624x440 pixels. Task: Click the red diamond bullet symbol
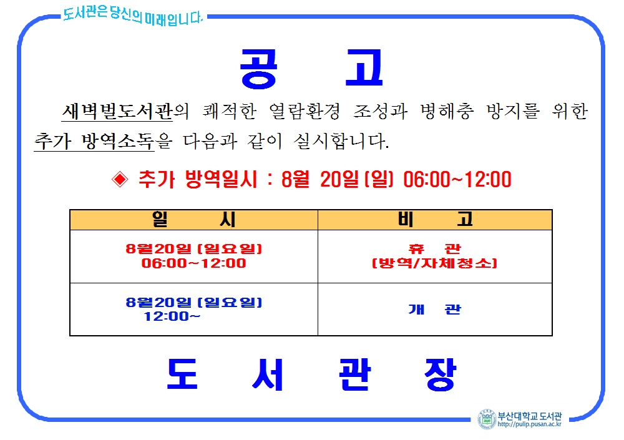pos(120,179)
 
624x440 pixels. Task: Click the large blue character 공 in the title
pos(259,69)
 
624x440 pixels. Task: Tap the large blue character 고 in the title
pos(364,67)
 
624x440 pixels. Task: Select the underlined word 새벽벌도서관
pos(117,111)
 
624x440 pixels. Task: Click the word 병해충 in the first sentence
pos(447,111)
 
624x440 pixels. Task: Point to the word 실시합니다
pos(341,141)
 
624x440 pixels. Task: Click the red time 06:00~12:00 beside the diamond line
pos(457,179)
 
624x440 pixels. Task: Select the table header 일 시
pos(194,220)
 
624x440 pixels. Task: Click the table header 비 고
pos(435,220)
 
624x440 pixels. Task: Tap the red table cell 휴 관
pos(434,249)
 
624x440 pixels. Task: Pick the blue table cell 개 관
pos(434,310)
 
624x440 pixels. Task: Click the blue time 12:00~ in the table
pos(172,316)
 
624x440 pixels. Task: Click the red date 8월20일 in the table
pos(158,249)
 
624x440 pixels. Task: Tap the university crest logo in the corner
pos(487,419)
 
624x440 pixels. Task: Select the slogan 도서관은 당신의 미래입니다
pos(133,16)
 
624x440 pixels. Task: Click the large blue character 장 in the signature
pos(440,374)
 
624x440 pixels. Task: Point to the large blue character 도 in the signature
pos(182,373)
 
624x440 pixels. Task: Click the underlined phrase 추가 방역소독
pos(94,141)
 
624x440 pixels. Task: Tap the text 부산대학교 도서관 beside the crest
pos(530,416)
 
